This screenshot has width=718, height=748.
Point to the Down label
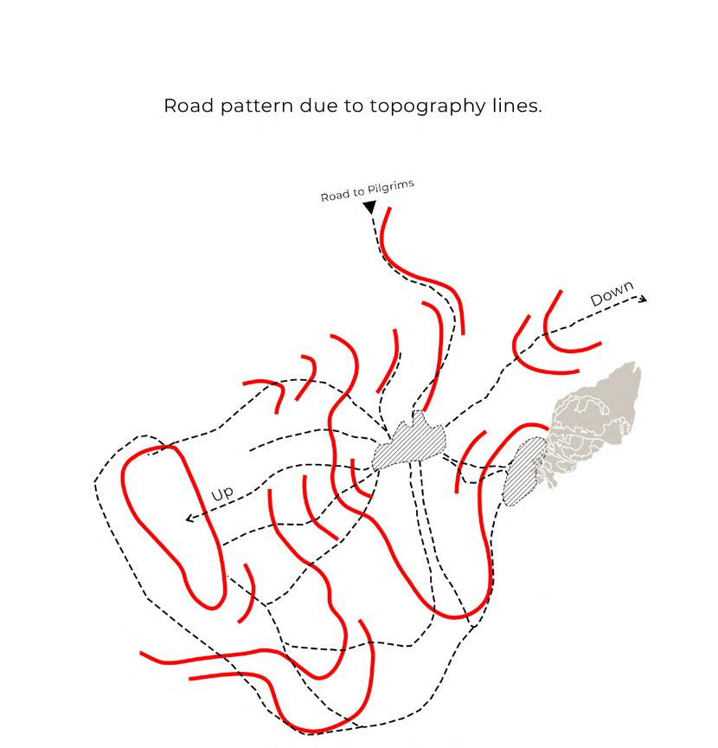point(612,293)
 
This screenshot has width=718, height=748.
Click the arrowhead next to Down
point(643,299)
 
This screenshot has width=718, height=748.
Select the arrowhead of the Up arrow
point(189,519)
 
